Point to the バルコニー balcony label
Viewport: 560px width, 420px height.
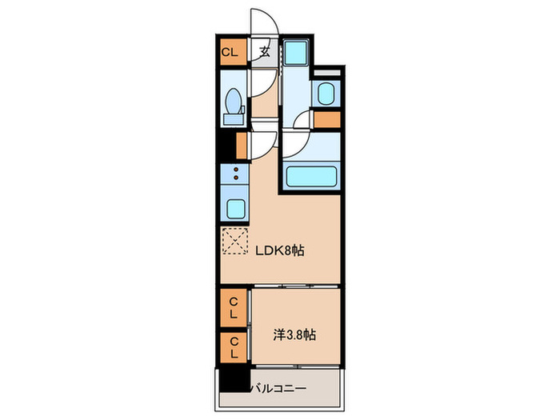[x=281, y=389]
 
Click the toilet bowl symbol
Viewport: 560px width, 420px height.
[x=234, y=102]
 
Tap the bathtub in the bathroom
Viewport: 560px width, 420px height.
[x=310, y=175]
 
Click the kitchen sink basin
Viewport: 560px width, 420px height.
[x=234, y=208]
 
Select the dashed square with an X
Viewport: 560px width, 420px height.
[x=234, y=242]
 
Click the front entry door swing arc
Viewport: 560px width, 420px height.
[x=262, y=22]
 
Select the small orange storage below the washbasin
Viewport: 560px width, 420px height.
[x=326, y=121]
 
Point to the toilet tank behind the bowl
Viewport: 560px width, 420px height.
[x=234, y=119]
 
